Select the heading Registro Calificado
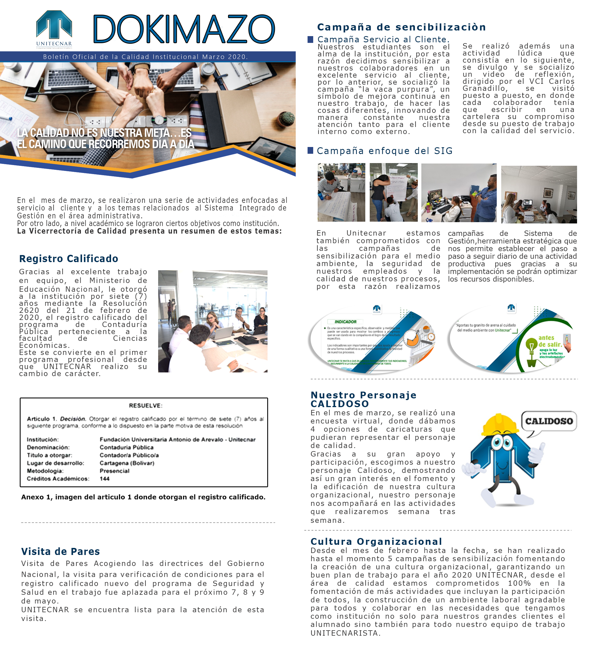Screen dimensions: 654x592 coord(69,258)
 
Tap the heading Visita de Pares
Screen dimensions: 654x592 coord(60,552)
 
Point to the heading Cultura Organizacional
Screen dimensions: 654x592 coord(376,541)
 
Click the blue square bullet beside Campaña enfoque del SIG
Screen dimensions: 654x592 coord(310,150)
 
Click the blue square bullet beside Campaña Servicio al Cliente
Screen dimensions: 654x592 coord(310,39)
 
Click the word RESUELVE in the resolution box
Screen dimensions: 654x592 coord(145,405)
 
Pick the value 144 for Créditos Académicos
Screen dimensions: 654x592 coord(104,479)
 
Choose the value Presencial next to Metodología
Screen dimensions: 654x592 coord(114,471)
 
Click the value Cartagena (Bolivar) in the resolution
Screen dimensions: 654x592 coord(127,463)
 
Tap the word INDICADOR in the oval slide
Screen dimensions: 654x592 coord(345,322)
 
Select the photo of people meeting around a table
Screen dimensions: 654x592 coord(213,321)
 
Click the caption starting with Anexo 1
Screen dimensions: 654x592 coord(143,497)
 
